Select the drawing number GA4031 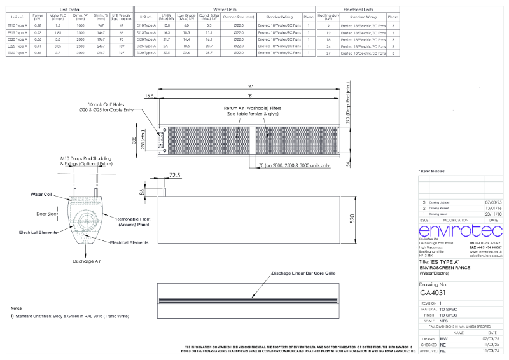pos(434,293)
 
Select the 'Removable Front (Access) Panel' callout pos(133,221)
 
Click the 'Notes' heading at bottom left pos(17,308)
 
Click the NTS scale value pos(443,320)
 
